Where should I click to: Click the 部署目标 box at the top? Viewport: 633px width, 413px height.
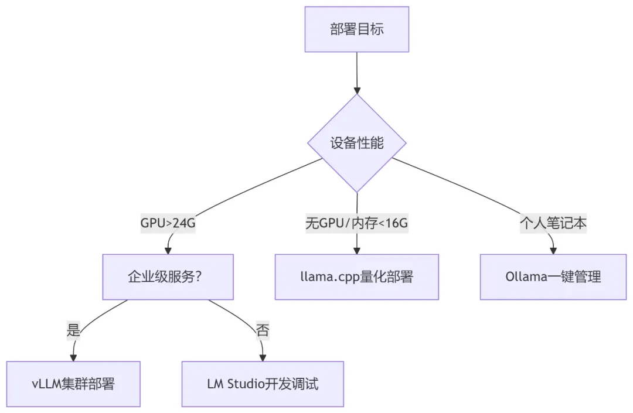pyautogui.click(x=356, y=29)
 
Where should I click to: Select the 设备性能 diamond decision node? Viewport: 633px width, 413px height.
pyautogui.click(x=356, y=143)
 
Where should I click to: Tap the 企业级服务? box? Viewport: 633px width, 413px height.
pyautogui.click(x=168, y=277)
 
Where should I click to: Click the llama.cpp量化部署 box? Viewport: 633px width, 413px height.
pyautogui.click(x=356, y=277)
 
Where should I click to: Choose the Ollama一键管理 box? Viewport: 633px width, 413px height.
pyautogui.click(x=553, y=277)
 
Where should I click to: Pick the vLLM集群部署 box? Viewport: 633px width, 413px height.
pyautogui.click(x=73, y=384)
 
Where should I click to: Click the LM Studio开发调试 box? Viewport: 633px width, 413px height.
pyautogui.click(x=263, y=384)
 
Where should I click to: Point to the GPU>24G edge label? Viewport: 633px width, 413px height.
pyautogui.click(x=168, y=224)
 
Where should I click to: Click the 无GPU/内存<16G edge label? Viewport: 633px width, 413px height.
pyautogui.click(x=356, y=224)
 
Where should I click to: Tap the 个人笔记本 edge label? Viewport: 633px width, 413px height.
pyautogui.click(x=553, y=224)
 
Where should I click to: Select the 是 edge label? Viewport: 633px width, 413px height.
pyautogui.click(x=73, y=330)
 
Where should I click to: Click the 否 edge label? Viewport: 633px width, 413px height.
pyautogui.click(x=263, y=330)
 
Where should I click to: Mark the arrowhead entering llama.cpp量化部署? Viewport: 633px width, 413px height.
pyautogui.click(x=356, y=250)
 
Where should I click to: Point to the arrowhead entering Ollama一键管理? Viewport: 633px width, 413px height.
pyautogui.click(x=553, y=250)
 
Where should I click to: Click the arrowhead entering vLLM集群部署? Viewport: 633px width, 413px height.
pyautogui.click(x=73, y=357)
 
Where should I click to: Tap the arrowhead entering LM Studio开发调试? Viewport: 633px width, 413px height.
pyautogui.click(x=263, y=357)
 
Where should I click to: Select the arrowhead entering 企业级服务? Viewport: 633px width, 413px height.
pyautogui.click(x=168, y=250)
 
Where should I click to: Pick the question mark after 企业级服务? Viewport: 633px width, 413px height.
pyautogui.click(x=198, y=277)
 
